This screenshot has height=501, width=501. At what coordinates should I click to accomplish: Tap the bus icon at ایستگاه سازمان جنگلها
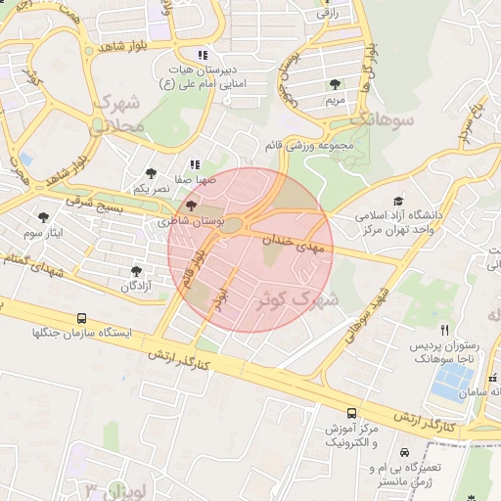(x=81, y=318)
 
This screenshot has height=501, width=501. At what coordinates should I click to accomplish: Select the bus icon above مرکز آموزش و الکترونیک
(x=351, y=413)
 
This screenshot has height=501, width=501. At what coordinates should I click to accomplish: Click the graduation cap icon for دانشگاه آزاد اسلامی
(x=398, y=199)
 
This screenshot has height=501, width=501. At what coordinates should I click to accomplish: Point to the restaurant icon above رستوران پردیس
(x=445, y=330)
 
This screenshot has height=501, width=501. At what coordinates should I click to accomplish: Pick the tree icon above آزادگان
(x=136, y=271)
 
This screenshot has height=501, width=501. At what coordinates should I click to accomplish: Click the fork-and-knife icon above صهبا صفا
(x=195, y=163)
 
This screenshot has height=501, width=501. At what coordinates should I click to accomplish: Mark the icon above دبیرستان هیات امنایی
(x=203, y=55)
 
